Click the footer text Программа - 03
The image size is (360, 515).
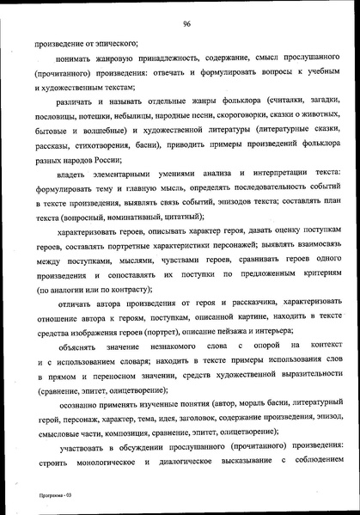coord(42,497)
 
